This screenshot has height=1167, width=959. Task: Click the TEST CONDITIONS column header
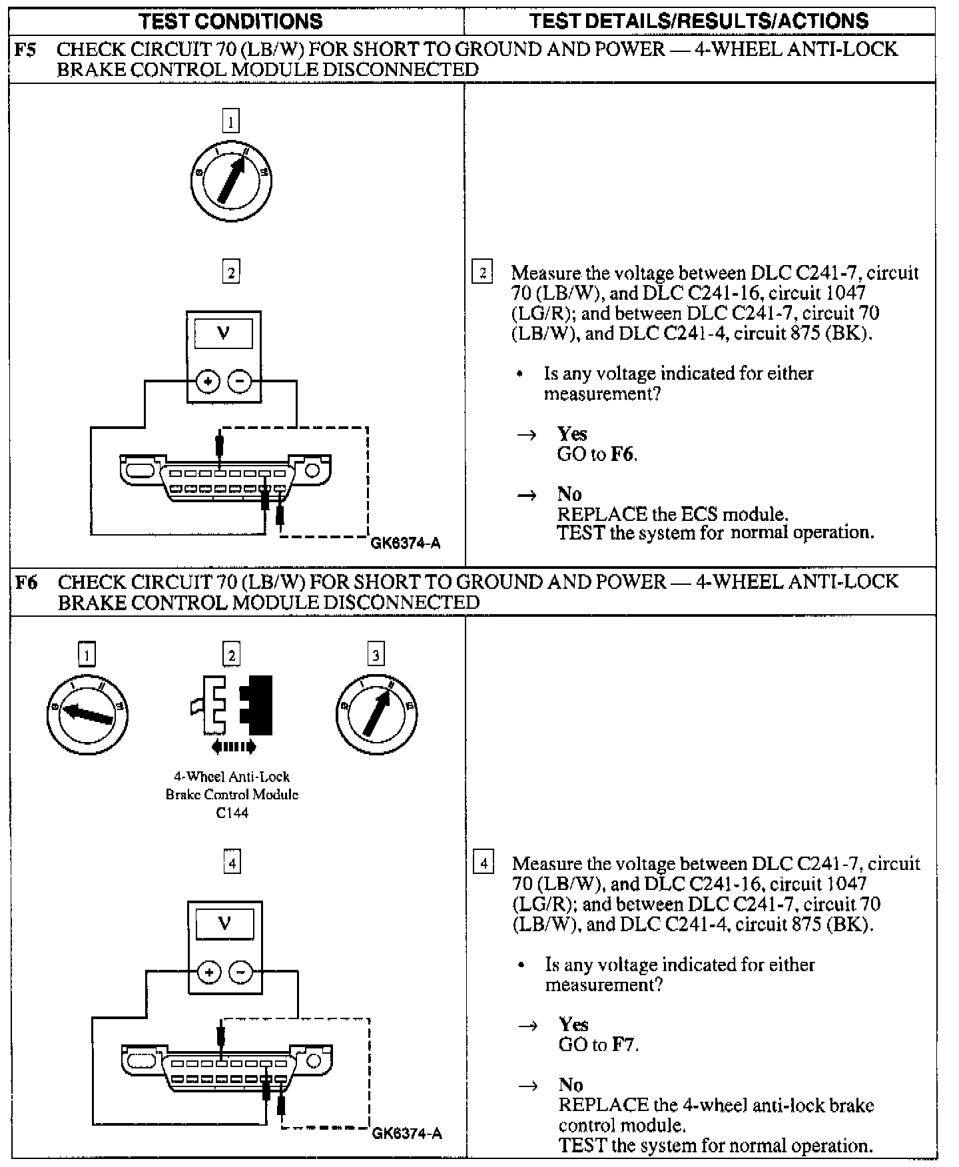click(230, 21)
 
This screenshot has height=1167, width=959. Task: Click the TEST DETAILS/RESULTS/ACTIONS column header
click(699, 21)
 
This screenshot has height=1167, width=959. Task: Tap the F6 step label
click(26, 582)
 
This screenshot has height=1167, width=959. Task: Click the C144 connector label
click(232, 813)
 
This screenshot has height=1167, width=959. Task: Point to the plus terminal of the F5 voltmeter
click(208, 382)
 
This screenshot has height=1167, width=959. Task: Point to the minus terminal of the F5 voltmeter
click(240, 382)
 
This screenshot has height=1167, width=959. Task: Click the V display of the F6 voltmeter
click(224, 924)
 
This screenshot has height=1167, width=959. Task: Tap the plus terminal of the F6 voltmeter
click(209, 973)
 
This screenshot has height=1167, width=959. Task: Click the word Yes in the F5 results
click(572, 434)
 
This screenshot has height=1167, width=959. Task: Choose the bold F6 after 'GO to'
click(622, 455)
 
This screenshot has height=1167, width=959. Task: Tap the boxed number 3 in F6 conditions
click(376, 655)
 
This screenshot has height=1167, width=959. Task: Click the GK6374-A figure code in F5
click(405, 544)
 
